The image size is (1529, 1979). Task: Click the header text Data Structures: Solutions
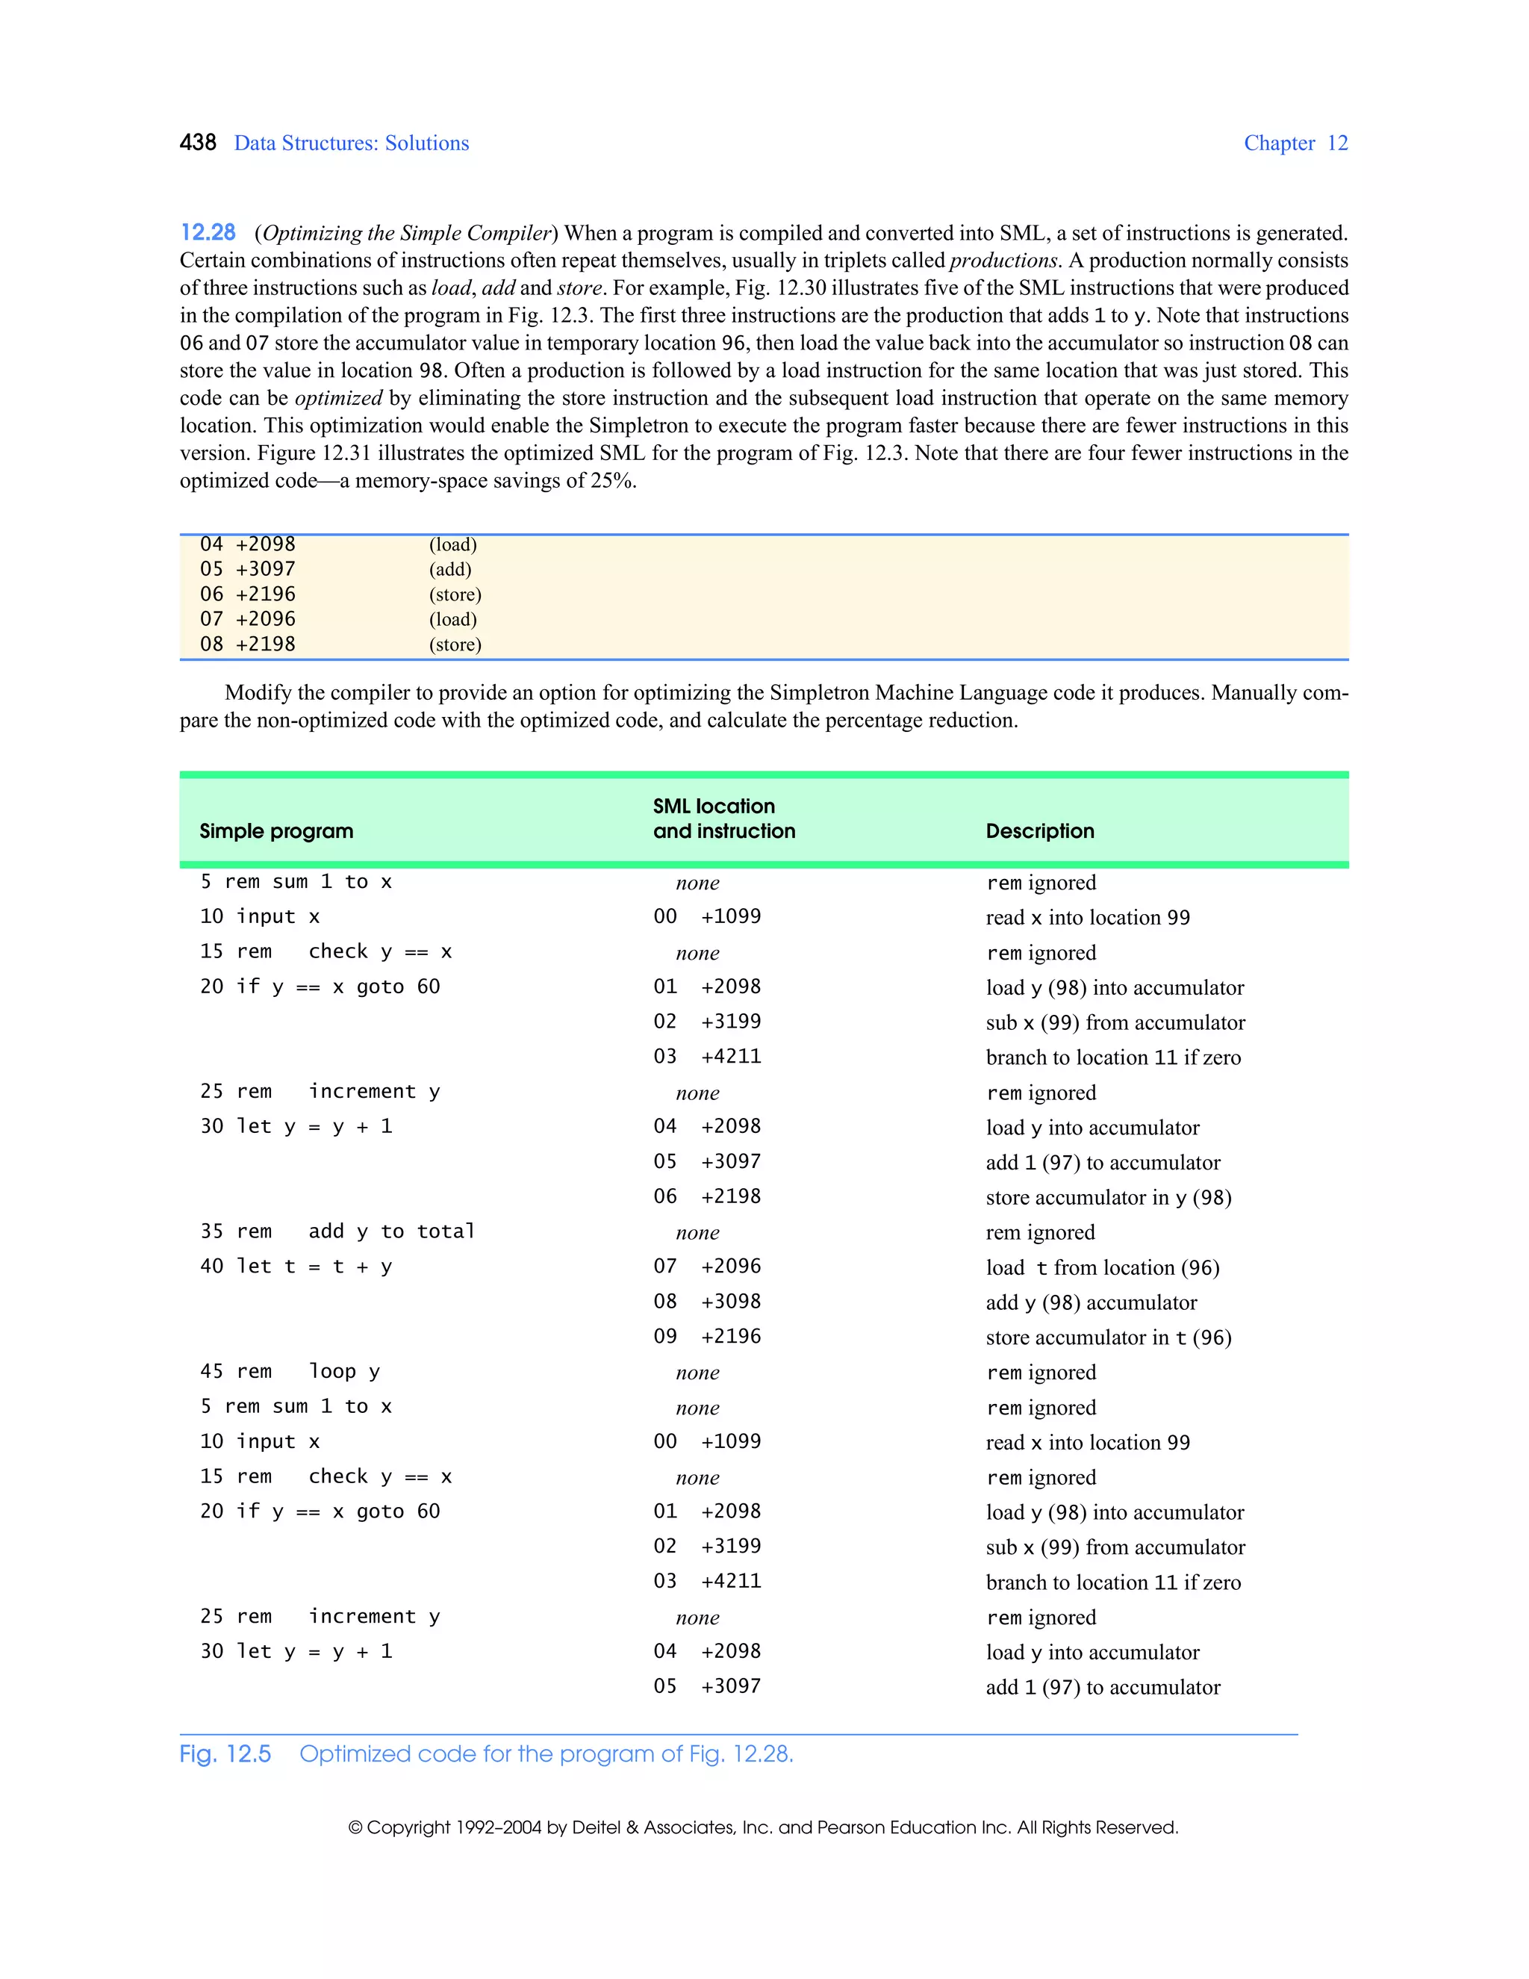[x=352, y=143]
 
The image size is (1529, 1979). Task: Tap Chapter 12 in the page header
[x=1295, y=143]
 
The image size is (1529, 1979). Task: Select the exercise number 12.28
[x=208, y=233]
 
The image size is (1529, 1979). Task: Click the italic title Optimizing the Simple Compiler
[x=407, y=233]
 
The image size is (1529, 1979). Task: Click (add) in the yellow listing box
[x=450, y=569]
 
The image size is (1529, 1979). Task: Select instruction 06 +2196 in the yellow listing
[x=247, y=594]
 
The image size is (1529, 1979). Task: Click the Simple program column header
[x=276, y=831]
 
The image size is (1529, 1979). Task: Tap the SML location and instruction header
[x=723, y=818]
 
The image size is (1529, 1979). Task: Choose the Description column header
[x=1040, y=831]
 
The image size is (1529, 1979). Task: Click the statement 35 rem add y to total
[x=337, y=1231]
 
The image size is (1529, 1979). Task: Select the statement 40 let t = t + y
[x=296, y=1266]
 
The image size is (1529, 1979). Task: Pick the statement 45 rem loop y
[x=290, y=1371]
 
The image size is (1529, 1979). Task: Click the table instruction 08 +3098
[x=706, y=1301]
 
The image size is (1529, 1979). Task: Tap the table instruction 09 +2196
[x=706, y=1337]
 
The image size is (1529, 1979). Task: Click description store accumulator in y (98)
[x=1108, y=1197]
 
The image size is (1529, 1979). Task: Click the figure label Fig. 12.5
[x=225, y=1754]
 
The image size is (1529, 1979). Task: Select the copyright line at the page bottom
[x=763, y=1827]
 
